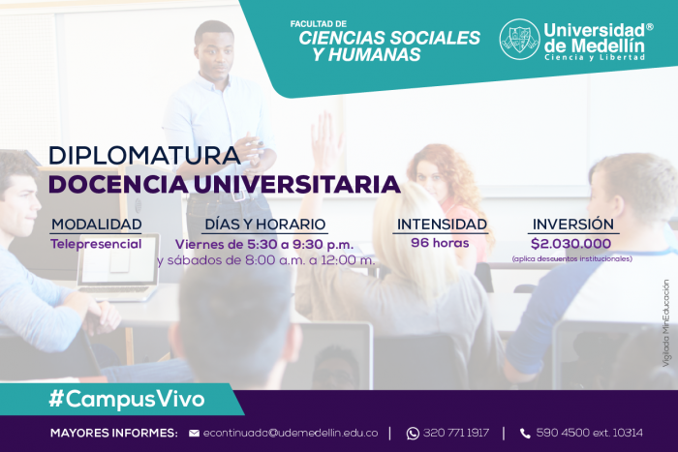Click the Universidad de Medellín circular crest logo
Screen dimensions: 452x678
pyautogui.click(x=519, y=39)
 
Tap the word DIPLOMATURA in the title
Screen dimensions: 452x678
pyautogui.click(x=143, y=155)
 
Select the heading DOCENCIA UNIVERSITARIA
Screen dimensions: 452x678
pyautogui.click(x=224, y=183)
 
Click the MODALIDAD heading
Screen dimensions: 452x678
pyautogui.click(x=96, y=225)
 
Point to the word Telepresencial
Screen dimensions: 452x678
pyautogui.click(x=96, y=243)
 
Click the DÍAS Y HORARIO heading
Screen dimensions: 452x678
pyautogui.click(x=264, y=225)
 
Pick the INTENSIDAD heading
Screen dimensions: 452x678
pyautogui.click(x=441, y=225)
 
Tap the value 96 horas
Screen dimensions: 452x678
pyautogui.click(x=440, y=243)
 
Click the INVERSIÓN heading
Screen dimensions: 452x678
pyautogui.click(x=572, y=225)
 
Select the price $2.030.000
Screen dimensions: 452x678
pyautogui.click(x=571, y=244)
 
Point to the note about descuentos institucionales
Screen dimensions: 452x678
pyautogui.click(x=571, y=259)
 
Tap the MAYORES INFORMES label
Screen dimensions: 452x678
pyautogui.click(x=113, y=433)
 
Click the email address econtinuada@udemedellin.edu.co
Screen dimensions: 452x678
pyautogui.click(x=288, y=433)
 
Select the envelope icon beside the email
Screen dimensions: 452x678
pyautogui.click(x=194, y=433)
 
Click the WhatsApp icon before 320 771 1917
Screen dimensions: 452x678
pyautogui.click(x=413, y=433)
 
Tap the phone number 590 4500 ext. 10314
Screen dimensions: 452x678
pyautogui.click(x=588, y=433)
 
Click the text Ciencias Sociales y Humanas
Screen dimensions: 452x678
pyautogui.click(x=387, y=44)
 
